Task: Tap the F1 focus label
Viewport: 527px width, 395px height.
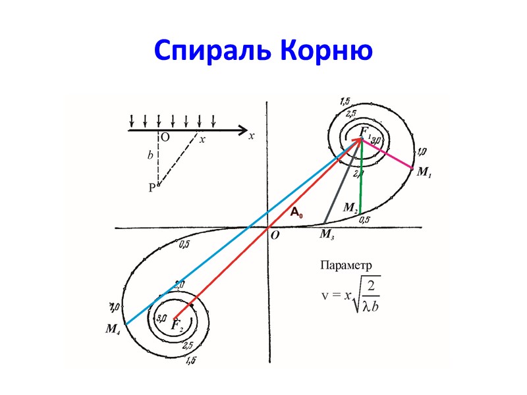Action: (363, 133)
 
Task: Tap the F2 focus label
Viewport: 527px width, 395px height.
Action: (176, 325)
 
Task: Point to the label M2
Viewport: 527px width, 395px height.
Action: (350, 207)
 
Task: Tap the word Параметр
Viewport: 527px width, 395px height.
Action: (347, 265)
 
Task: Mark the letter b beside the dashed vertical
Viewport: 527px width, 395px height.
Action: (150, 156)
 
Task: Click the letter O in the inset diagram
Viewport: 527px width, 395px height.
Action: (165, 138)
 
